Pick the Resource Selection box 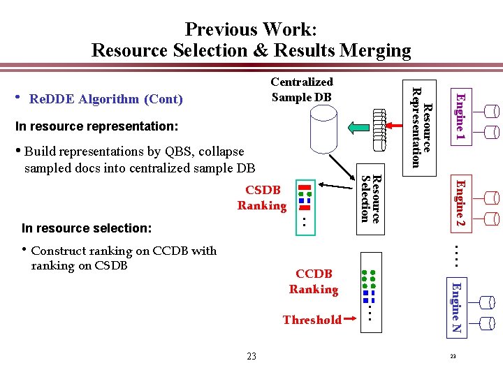(370, 195)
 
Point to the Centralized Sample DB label (302, 89)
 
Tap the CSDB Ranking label (263, 198)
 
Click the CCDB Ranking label (314, 281)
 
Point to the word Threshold (312, 320)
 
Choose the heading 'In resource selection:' (87, 228)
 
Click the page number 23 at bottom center (251, 356)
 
